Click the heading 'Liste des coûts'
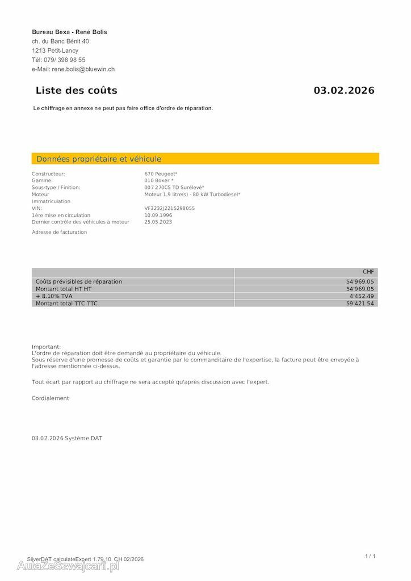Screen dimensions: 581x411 (76, 90)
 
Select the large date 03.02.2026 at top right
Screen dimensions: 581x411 (344, 90)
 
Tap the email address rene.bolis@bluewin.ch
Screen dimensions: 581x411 (83, 69)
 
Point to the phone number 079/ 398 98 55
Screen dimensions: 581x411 (65, 60)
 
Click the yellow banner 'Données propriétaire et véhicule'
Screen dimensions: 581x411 (99, 159)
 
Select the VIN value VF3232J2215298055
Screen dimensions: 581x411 (170, 208)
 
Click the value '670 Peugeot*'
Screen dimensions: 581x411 (161, 174)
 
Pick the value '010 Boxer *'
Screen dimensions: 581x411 (159, 180)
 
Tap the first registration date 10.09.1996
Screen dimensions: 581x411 (158, 215)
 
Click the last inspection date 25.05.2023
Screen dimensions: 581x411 (158, 222)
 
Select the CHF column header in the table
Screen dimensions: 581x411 (368, 272)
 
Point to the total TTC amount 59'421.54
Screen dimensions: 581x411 (360, 304)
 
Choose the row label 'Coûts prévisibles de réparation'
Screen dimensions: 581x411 (79, 281)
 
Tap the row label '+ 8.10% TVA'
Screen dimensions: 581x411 (54, 296)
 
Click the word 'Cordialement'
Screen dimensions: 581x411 (51, 398)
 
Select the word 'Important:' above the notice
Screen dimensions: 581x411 (46, 347)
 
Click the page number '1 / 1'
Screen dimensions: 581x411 (370, 556)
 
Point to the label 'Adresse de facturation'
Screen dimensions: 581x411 (60, 232)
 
